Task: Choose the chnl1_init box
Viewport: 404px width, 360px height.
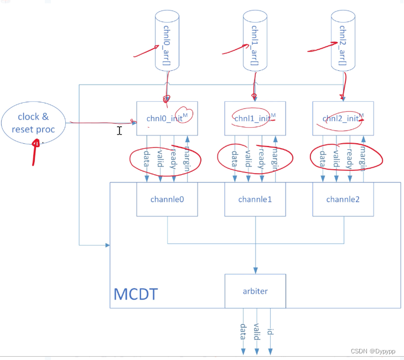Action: point(255,117)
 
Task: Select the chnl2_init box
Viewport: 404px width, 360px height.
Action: point(343,117)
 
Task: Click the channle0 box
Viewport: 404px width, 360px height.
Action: point(167,199)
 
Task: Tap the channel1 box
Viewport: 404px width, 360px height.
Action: point(255,199)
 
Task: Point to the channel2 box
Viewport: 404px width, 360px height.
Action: point(343,199)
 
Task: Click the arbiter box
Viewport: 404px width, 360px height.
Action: point(255,290)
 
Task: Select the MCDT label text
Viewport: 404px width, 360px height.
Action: point(136,294)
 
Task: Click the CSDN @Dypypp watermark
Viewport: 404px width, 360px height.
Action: point(374,351)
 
